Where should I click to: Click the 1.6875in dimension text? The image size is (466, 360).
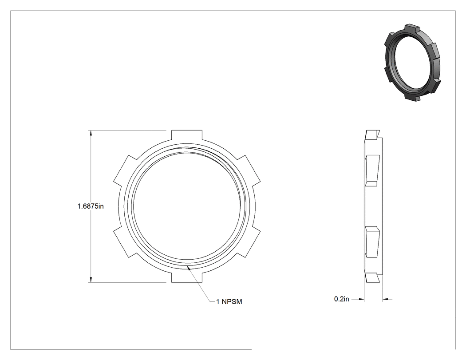(91, 206)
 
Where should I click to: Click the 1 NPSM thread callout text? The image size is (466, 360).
(229, 302)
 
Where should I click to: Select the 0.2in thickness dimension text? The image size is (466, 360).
(341, 299)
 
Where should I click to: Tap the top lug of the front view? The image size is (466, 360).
(187, 135)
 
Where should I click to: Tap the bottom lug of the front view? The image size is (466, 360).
(187, 277)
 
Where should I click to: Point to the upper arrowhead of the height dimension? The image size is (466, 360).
(91, 133)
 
